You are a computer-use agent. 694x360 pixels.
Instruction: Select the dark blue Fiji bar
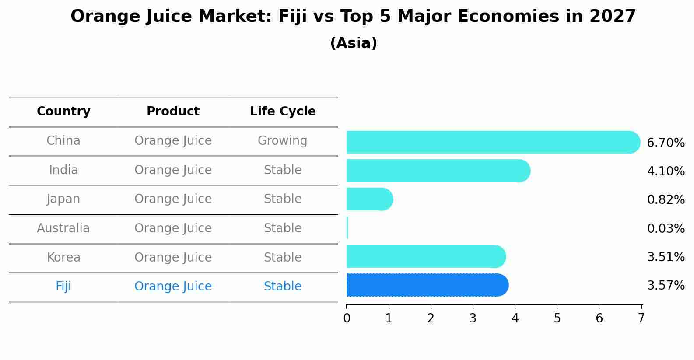427,285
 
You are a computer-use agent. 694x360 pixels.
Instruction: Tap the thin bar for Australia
347,228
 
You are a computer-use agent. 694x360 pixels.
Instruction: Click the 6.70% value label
665,143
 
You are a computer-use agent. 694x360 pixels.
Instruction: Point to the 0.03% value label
665,229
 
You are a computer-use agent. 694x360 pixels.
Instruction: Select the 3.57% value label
665,286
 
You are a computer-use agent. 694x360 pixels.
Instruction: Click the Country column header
63,112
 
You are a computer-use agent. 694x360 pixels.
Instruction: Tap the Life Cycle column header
283,112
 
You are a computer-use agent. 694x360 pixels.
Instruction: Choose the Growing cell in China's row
282,141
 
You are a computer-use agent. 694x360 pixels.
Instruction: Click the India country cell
63,170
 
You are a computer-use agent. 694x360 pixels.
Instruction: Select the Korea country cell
63,258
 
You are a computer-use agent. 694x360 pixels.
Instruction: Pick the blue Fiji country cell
63,287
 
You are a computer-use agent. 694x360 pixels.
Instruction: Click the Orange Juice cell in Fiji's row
173,287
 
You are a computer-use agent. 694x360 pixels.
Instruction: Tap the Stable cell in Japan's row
282,199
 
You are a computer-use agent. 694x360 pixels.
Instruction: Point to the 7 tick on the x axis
641,318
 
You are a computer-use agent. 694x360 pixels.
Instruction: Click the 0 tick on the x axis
347,318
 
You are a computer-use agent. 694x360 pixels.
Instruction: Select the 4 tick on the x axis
515,318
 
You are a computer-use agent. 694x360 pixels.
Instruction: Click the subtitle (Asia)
354,43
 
